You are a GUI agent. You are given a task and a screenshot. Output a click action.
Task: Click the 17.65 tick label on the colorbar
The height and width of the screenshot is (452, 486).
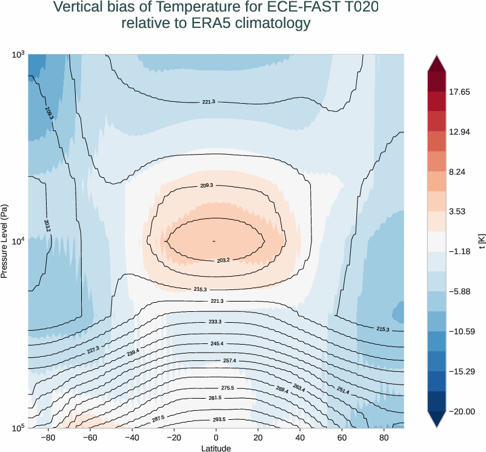(459, 92)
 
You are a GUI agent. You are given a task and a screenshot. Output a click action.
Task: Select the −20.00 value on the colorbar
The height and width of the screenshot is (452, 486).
(461, 411)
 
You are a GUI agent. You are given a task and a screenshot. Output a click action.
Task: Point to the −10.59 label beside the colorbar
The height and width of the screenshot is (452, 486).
(461, 331)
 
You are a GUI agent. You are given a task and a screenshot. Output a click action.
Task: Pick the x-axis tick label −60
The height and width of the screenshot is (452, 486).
(90, 438)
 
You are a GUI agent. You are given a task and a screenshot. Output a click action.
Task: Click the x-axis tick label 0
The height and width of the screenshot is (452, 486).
(216, 438)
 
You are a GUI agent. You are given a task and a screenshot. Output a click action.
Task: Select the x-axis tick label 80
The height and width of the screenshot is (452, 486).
(384, 438)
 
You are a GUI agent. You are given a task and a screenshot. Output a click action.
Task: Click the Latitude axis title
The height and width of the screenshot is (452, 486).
(216, 448)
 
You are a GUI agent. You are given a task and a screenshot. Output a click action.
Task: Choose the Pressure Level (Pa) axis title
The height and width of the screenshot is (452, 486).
(5, 241)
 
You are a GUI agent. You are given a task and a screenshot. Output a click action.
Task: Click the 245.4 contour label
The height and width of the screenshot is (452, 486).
(216, 343)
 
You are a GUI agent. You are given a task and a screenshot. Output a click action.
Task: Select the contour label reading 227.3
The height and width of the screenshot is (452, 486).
(93, 349)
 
